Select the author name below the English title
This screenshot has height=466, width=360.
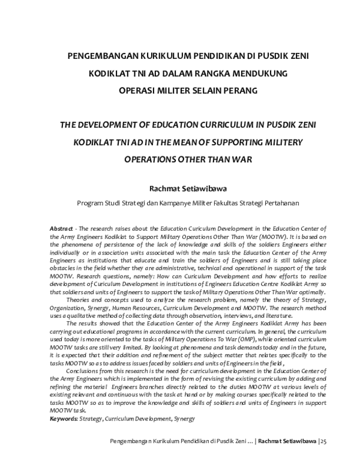coord(180,187)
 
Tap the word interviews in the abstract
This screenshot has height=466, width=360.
coord(230,315)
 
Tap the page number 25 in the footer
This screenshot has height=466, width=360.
coord(325,442)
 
